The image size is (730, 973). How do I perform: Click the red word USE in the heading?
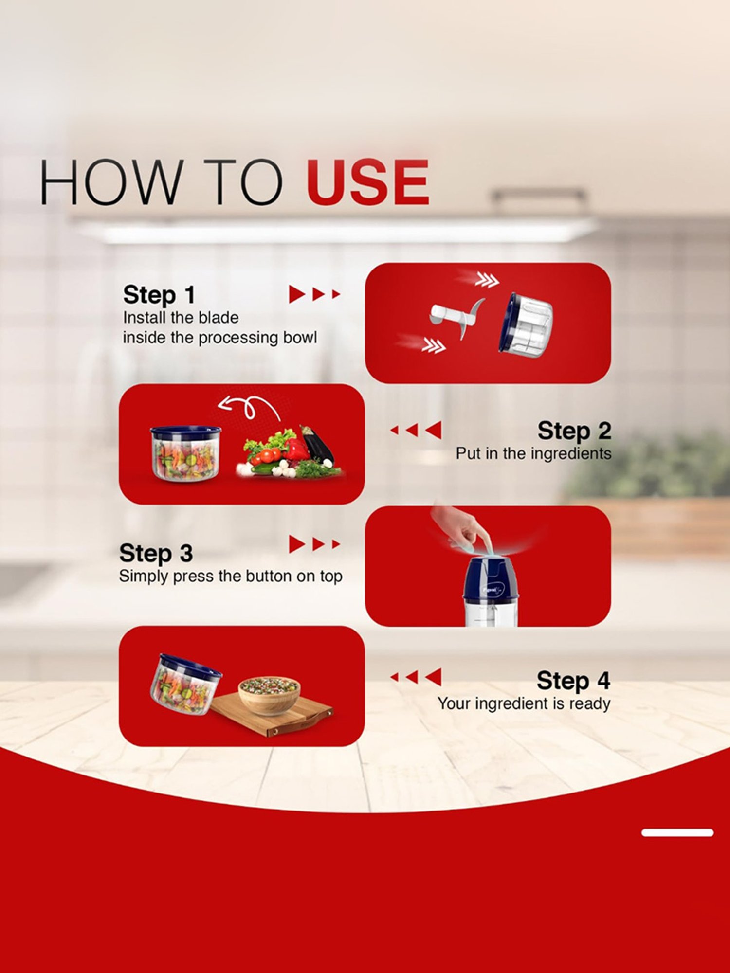[x=367, y=182]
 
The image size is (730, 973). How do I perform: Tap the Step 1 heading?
[x=159, y=295]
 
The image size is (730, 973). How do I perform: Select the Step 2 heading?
[x=574, y=431]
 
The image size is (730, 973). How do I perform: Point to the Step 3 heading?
[x=156, y=553]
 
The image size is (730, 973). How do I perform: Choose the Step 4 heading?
[x=573, y=681]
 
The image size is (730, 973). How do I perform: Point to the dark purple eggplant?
[x=317, y=445]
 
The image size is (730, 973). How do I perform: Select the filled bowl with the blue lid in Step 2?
[x=185, y=453]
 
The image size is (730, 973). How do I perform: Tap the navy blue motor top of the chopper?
[x=490, y=579]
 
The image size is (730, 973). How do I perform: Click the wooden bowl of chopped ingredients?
[x=269, y=695]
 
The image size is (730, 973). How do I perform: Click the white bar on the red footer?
[x=677, y=832]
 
